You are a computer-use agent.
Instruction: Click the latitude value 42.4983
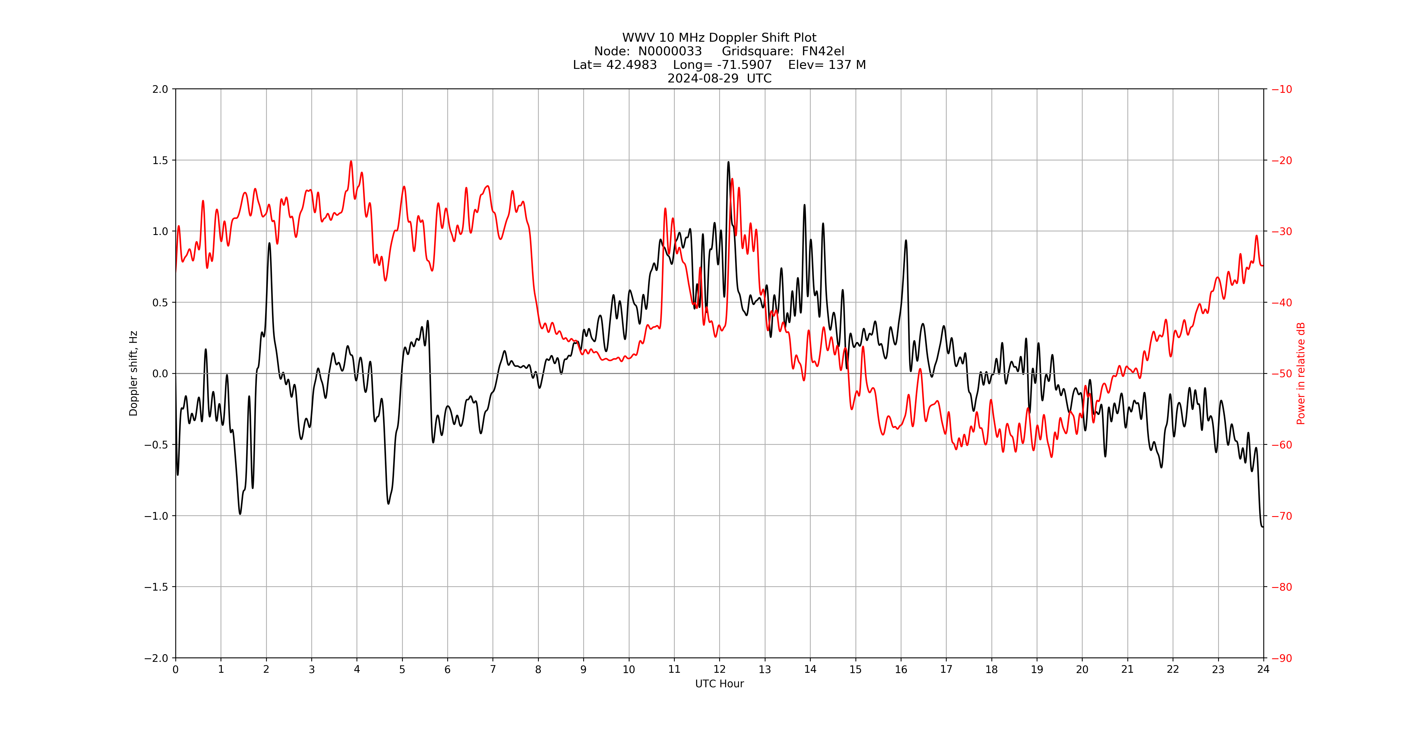click(631, 65)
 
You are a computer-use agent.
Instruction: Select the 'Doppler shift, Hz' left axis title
click(134, 373)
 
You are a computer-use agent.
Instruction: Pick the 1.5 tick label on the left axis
click(160, 160)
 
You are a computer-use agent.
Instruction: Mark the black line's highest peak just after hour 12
click(728, 162)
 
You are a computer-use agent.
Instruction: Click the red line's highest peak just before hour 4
click(351, 161)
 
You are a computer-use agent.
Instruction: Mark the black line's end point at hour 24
click(1263, 526)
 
